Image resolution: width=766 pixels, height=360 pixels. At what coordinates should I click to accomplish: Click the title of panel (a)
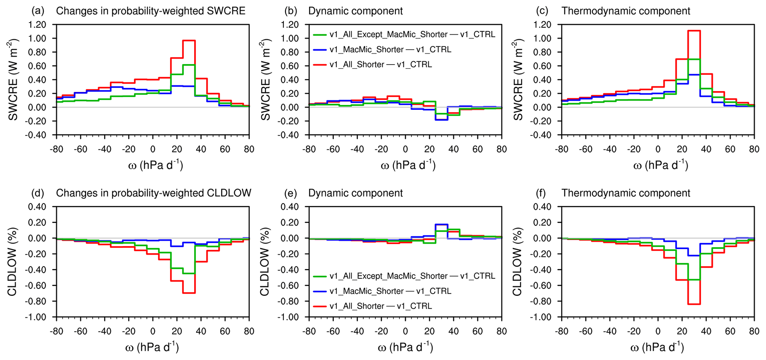coord(150,11)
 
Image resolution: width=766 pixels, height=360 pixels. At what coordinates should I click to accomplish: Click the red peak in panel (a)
coord(189,40)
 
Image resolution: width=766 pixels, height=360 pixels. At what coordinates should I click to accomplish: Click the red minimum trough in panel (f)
coord(694,304)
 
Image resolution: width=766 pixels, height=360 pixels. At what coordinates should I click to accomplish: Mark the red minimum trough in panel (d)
coord(189,293)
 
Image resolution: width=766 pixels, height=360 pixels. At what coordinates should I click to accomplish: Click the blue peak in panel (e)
coord(441,224)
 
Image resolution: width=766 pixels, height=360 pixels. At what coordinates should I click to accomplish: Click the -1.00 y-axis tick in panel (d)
coord(36,317)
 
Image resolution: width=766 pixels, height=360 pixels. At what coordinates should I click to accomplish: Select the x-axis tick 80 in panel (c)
coord(754,149)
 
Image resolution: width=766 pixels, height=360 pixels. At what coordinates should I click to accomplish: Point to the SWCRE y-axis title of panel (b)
coord(265,80)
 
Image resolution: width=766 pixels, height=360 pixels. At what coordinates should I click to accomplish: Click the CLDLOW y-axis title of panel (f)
coord(517,262)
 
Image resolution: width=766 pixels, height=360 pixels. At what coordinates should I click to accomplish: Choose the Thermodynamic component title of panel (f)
coord(626,193)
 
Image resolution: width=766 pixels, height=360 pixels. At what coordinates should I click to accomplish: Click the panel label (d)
coord(38,193)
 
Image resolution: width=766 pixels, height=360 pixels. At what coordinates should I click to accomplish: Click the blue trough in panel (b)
coord(441,120)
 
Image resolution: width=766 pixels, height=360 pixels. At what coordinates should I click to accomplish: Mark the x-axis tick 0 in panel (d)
coord(153,331)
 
